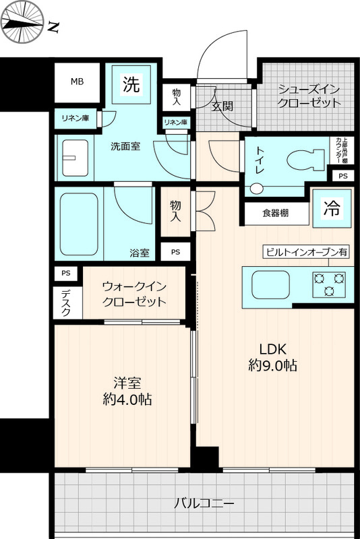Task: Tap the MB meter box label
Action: tap(77, 82)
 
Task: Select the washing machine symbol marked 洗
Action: tap(131, 84)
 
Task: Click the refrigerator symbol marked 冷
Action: tap(332, 208)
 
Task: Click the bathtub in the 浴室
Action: tap(79, 224)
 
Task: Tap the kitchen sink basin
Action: tap(271, 285)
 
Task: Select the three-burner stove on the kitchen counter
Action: tap(329, 284)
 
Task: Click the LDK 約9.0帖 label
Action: tap(272, 358)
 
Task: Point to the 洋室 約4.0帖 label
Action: tap(127, 391)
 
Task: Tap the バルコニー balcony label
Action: tap(204, 503)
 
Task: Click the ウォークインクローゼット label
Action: tap(134, 294)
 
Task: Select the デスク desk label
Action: tap(65, 303)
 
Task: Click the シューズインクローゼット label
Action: tap(309, 96)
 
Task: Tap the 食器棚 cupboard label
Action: tap(276, 214)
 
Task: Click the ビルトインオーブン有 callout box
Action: tap(306, 252)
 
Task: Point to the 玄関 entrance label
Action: tap(222, 106)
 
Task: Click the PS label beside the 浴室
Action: tap(175, 252)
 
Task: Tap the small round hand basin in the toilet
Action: tap(256, 189)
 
